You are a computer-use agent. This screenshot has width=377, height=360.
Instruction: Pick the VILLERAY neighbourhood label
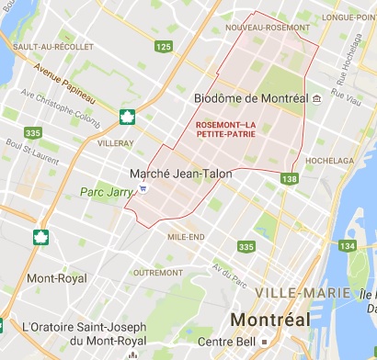[116, 143]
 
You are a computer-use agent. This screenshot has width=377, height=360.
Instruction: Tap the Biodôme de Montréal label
[251, 98]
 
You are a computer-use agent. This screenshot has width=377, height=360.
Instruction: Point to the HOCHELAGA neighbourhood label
[330, 159]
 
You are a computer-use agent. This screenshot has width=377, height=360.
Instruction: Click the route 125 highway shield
[165, 46]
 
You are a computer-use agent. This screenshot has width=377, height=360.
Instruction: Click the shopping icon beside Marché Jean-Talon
[143, 188]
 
